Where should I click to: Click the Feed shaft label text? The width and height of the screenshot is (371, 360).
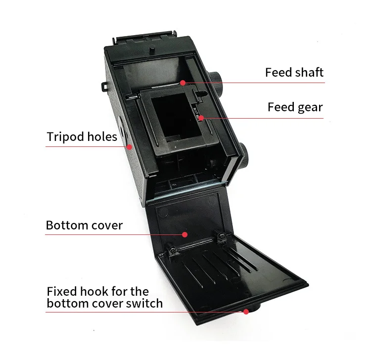click(294, 72)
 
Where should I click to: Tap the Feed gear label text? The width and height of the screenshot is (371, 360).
click(295, 107)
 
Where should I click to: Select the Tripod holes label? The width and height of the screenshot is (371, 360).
click(82, 136)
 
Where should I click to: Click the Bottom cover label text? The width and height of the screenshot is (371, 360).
click(84, 225)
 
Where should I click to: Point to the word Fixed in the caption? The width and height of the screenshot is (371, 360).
click(60, 291)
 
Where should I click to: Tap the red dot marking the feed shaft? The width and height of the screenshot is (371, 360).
click(183, 82)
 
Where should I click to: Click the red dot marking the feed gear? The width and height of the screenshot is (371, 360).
click(201, 118)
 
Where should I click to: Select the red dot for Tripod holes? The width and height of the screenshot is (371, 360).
click(130, 146)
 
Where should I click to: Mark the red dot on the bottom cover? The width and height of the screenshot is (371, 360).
click(185, 234)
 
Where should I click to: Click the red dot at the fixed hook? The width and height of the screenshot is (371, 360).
click(245, 311)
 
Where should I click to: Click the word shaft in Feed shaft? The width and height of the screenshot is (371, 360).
click(309, 72)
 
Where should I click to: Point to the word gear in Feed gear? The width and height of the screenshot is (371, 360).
click(310, 107)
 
